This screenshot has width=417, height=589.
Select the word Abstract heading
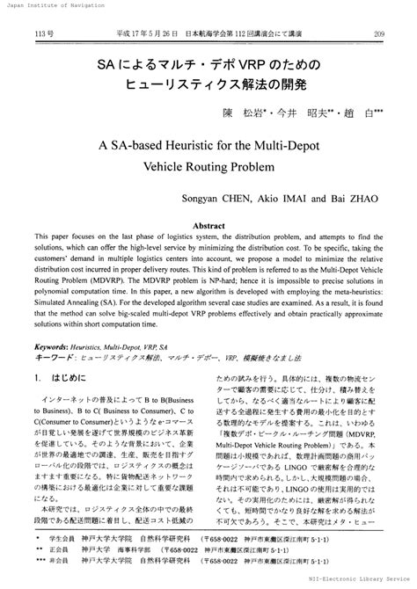pyautogui.click(x=208, y=226)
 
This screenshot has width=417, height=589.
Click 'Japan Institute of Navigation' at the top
pyautogui.click(x=44, y=5)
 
